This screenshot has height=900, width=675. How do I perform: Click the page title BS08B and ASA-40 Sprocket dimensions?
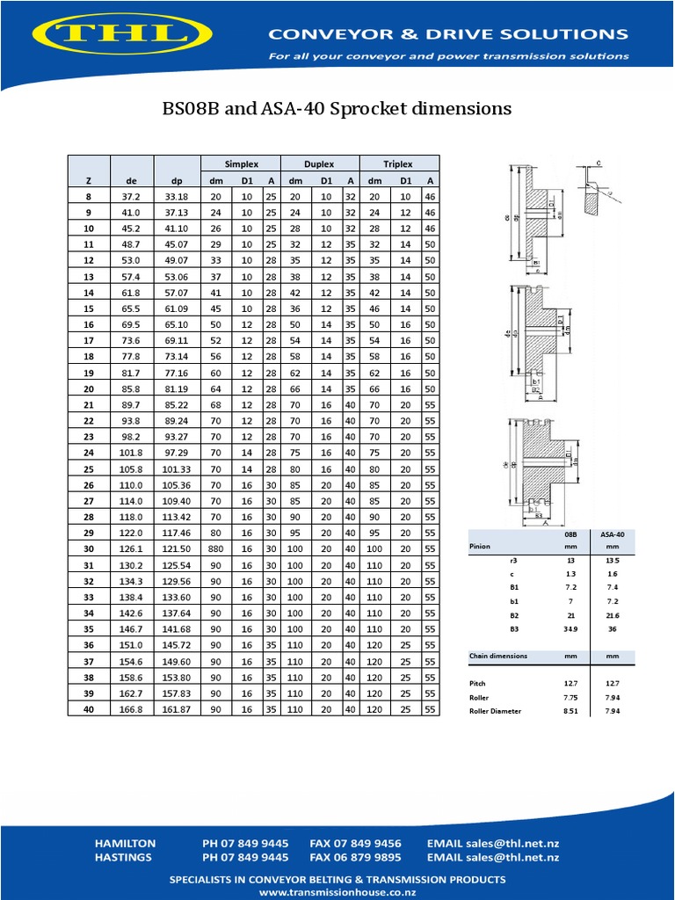click(x=337, y=109)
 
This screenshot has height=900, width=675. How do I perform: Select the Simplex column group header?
click(x=240, y=163)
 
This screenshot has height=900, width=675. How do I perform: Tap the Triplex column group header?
click(x=399, y=163)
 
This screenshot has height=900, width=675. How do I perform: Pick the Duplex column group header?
click(x=319, y=163)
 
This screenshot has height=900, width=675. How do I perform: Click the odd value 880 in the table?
click(x=216, y=548)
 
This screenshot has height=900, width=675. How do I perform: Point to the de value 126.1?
click(x=132, y=548)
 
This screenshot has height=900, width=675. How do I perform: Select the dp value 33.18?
click(x=176, y=196)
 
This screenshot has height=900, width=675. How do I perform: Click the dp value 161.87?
click(x=176, y=708)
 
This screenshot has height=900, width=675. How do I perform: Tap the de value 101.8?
click(x=132, y=453)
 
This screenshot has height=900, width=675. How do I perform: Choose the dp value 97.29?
click(x=176, y=453)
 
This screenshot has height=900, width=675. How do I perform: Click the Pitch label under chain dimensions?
click(x=478, y=683)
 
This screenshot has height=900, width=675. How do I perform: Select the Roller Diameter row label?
click(x=495, y=711)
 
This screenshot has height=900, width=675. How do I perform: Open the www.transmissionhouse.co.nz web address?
click(x=337, y=891)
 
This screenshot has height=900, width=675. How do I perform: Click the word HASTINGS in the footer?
click(x=123, y=857)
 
